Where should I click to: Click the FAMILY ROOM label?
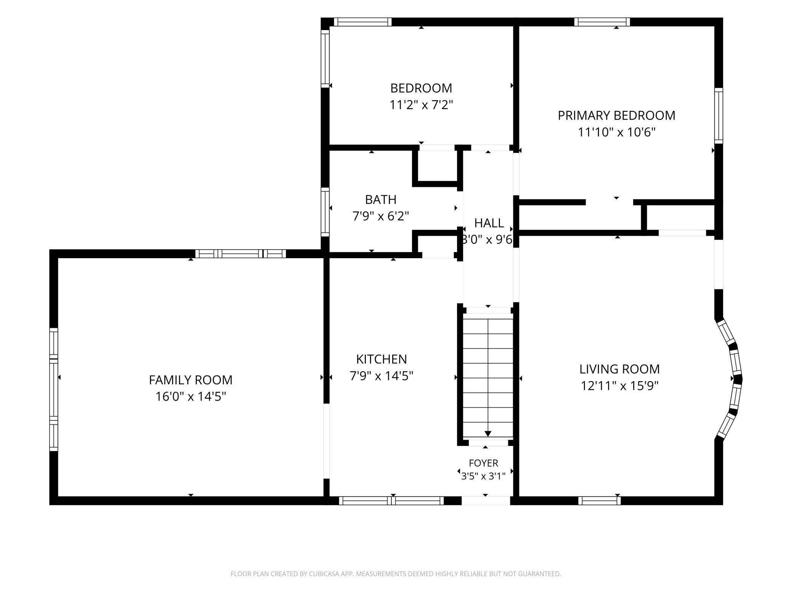(x=190, y=380)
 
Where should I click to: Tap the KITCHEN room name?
(x=382, y=359)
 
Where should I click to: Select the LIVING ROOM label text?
(x=620, y=369)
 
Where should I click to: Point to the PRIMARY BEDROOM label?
(x=616, y=115)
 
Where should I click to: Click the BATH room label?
(x=381, y=200)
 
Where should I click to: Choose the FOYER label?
(x=484, y=463)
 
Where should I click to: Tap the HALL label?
(x=489, y=223)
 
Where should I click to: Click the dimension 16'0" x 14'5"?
(x=191, y=397)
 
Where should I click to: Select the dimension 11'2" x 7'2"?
(x=421, y=105)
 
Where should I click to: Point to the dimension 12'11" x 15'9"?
(x=620, y=386)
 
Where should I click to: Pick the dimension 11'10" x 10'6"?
(x=617, y=133)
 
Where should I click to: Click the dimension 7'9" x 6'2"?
(x=381, y=216)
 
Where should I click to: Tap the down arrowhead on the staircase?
(x=488, y=434)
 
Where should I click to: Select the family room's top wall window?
(x=241, y=254)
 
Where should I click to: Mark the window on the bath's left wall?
(x=325, y=212)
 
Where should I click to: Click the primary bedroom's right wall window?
(x=719, y=116)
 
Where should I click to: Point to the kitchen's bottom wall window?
(x=391, y=501)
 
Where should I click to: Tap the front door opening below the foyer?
(x=486, y=501)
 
